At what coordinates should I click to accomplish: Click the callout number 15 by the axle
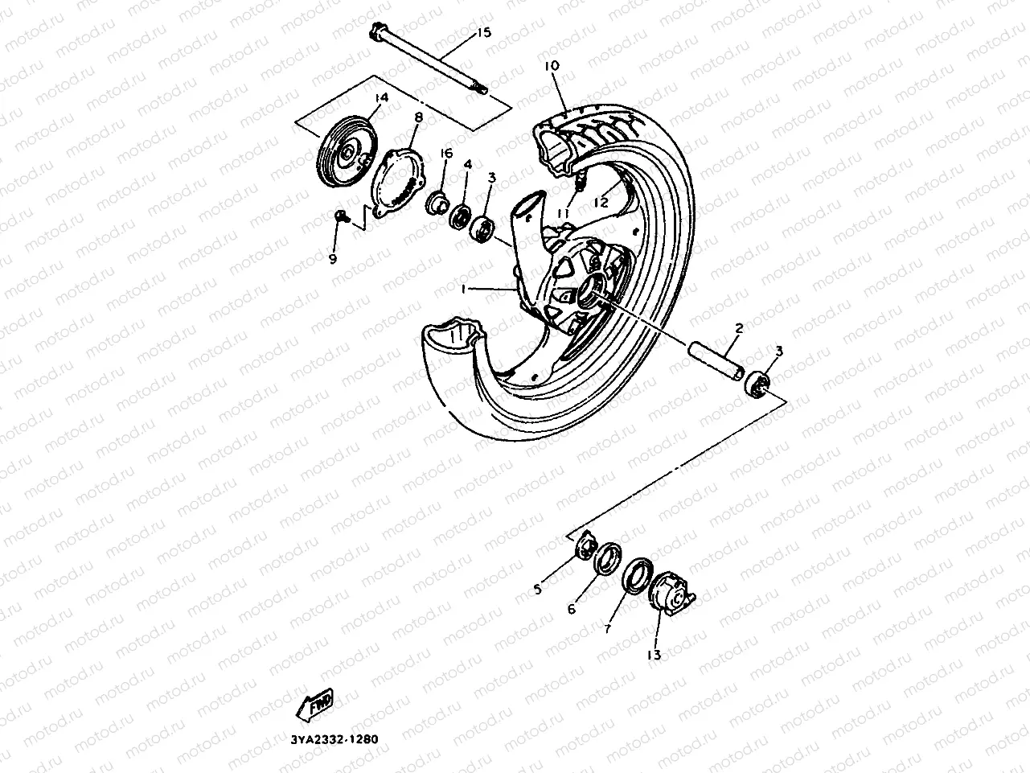pyautogui.click(x=482, y=33)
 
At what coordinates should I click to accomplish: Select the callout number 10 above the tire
pyautogui.click(x=552, y=64)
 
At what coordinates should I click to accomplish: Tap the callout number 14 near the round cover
pyautogui.click(x=380, y=97)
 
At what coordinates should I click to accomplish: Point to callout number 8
pyautogui.click(x=418, y=117)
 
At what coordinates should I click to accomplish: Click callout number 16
pyautogui.click(x=446, y=154)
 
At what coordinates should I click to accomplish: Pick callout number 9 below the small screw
pyautogui.click(x=332, y=257)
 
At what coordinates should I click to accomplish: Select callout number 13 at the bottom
pyautogui.click(x=654, y=656)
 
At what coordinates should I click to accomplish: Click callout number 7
pyautogui.click(x=608, y=628)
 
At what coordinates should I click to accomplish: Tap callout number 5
pyautogui.click(x=537, y=589)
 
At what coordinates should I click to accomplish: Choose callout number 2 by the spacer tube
pyautogui.click(x=738, y=327)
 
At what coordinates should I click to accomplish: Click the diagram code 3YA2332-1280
pyautogui.click(x=330, y=739)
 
